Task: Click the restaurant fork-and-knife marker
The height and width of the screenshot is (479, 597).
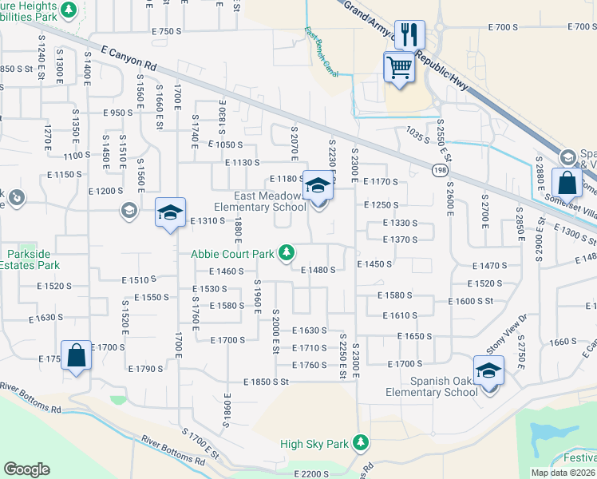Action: click(409, 34)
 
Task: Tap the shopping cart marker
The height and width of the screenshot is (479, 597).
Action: click(399, 66)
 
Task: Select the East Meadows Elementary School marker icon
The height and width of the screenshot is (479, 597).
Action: click(318, 187)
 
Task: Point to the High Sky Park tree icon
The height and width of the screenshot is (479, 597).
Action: click(362, 442)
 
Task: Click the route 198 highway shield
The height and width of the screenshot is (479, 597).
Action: click(441, 171)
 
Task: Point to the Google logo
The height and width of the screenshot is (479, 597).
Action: click(26, 469)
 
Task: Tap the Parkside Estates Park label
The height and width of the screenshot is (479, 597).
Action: click(34, 259)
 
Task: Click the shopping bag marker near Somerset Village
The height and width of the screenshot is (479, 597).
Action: click(566, 184)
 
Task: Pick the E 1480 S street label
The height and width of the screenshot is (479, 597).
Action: click(318, 270)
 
